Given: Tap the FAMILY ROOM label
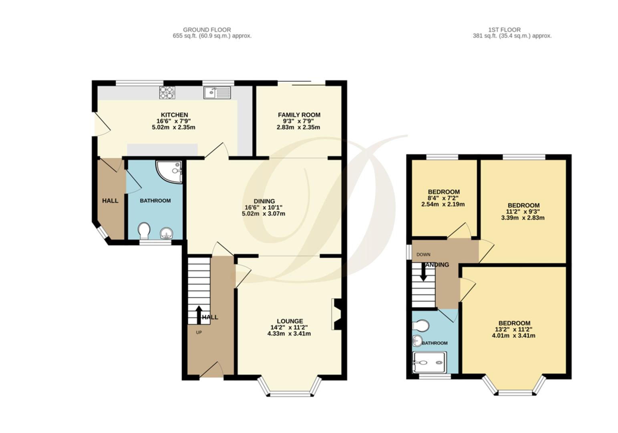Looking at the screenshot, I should [x=299, y=115].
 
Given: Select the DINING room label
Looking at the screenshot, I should [x=264, y=201].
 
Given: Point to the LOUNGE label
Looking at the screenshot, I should [x=290, y=321].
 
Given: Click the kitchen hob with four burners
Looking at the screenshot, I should [x=167, y=93].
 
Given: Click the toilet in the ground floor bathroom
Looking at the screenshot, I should [x=144, y=231].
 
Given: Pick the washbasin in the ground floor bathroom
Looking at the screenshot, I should [x=166, y=233].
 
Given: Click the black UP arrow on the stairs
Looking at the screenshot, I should [x=198, y=315].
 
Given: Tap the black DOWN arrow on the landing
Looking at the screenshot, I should [x=423, y=273].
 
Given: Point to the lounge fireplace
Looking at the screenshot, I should [x=336, y=314].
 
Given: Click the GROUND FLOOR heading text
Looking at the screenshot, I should [x=207, y=30].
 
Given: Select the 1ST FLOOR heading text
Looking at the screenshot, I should [x=504, y=30].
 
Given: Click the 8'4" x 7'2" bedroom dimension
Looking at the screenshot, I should [x=443, y=198].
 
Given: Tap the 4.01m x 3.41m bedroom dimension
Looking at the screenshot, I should [x=513, y=336].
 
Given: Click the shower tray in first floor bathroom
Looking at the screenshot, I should [x=429, y=362].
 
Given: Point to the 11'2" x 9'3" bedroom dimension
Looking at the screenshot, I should [x=523, y=212].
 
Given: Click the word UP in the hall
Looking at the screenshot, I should [x=199, y=332].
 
